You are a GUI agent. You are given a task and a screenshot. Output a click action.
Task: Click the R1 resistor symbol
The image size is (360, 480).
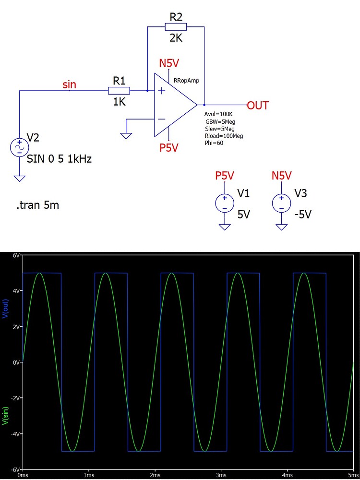pos(119,91)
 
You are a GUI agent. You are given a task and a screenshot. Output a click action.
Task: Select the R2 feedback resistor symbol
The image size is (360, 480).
pos(176,27)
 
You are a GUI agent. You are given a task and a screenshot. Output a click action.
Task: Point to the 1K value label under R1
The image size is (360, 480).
pos(119,102)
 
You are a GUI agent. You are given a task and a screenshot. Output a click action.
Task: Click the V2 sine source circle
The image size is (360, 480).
pos(20,147)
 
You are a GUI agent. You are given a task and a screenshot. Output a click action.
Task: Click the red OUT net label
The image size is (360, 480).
pos(258,106)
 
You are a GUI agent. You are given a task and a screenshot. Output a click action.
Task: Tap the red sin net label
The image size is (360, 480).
pos(70,85)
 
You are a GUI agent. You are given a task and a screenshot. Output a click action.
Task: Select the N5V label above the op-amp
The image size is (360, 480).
pos(169,63)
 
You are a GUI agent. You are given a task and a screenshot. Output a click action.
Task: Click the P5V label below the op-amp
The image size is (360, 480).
pos(169,148)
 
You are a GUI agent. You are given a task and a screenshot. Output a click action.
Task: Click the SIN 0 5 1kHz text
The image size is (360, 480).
pos(60,159)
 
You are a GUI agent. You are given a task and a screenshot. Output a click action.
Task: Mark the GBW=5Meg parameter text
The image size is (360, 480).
pos(220,122)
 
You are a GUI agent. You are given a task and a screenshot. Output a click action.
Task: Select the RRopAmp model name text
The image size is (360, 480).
pos(186,81)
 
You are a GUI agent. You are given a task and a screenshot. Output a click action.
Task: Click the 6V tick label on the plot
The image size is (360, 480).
pos(16,256)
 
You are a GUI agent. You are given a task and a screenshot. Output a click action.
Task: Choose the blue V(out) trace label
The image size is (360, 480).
pos(6,308)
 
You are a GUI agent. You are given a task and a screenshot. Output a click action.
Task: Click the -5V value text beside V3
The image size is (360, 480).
pos(303,215)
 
